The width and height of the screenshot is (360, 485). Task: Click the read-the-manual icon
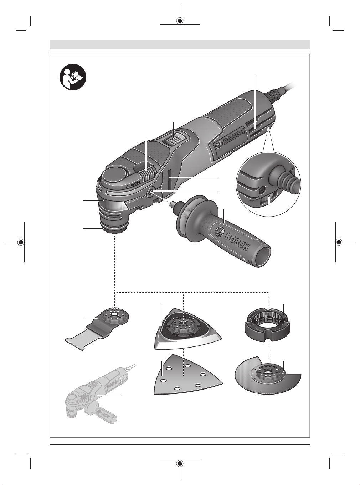(x=73, y=77)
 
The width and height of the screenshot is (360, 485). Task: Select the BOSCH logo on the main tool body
(x=231, y=140)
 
